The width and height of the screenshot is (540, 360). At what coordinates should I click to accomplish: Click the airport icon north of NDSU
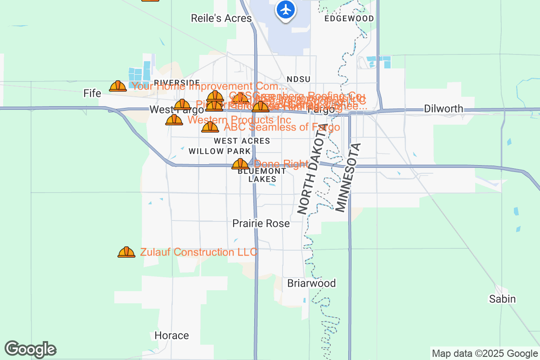(x=285, y=9)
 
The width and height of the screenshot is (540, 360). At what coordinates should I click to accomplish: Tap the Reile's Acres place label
(x=221, y=18)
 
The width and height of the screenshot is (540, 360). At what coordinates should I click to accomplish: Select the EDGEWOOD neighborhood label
(x=349, y=18)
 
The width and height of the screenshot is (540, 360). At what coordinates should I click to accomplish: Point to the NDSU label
(x=299, y=79)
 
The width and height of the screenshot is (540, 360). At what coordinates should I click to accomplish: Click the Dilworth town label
(x=443, y=108)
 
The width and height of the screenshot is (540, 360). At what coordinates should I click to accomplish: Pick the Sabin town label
(x=503, y=299)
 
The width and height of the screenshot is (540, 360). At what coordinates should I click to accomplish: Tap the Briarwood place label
(x=311, y=283)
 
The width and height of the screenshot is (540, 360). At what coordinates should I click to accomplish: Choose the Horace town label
(x=171, y=335)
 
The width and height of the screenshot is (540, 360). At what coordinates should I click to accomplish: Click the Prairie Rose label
(x=261, y=223)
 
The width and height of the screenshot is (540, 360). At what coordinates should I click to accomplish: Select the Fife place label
(x=92, y=93)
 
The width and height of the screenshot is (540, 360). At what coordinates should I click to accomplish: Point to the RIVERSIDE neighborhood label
(x=177, y=82)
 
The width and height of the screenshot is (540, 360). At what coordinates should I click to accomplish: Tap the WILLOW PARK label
(x=220, y=151)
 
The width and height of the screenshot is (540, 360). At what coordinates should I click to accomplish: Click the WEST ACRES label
(x=242, y=141)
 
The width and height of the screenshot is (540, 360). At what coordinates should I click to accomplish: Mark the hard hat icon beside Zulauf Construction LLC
(x=126, y=252)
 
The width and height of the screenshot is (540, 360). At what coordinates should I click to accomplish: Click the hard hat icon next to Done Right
(x=240, y=164)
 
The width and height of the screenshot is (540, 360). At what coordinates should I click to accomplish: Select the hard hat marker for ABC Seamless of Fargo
(x=210, y=127)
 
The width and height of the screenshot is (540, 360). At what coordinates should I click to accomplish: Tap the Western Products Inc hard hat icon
(x=174, y=120)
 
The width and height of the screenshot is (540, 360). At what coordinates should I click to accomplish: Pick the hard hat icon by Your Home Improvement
(x=118, y=86)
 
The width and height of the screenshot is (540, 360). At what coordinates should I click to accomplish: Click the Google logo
(x=31, y=349)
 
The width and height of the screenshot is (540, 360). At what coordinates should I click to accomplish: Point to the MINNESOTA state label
(x=348, y=177)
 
